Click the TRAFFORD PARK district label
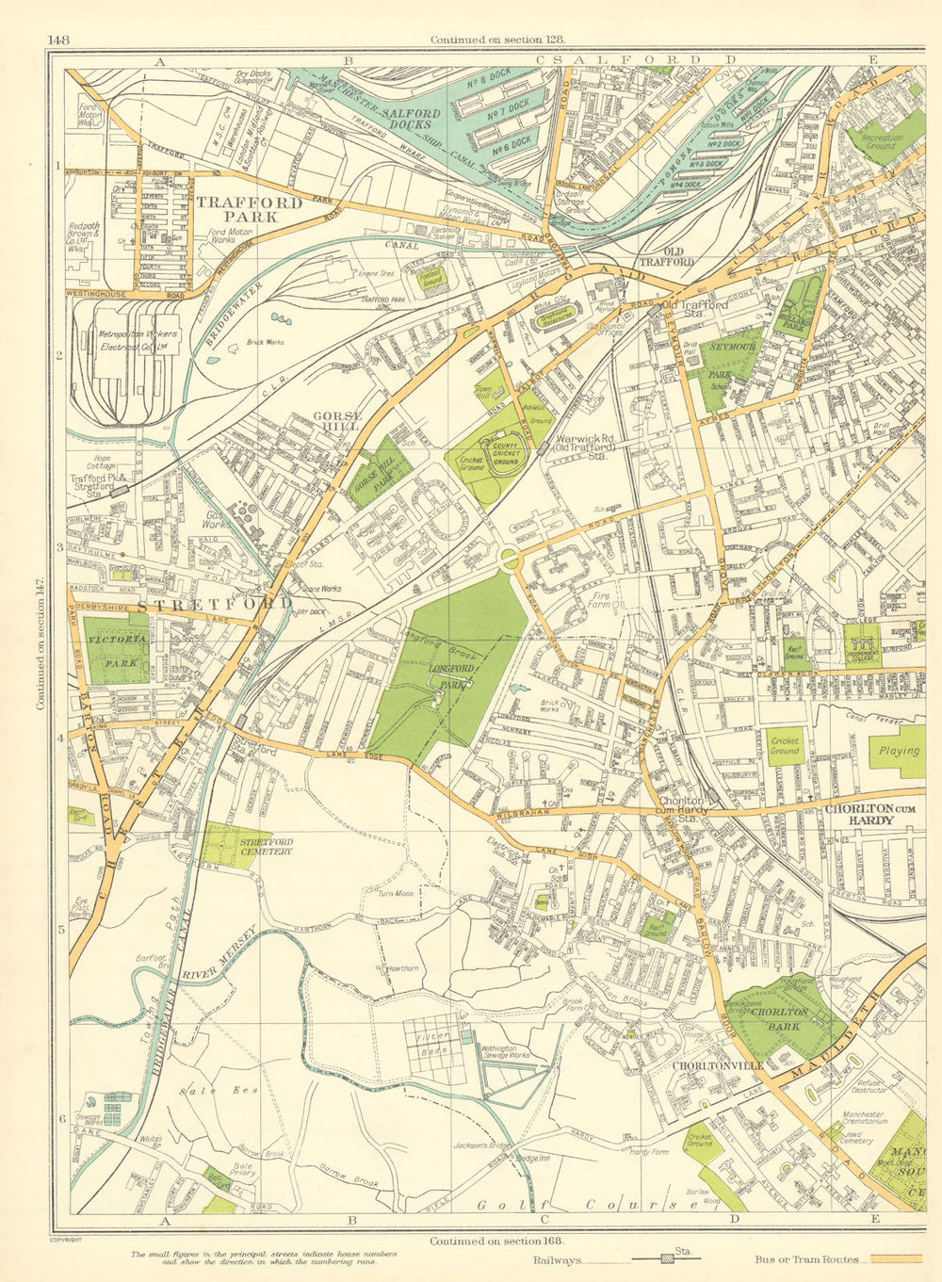(x=250, y=209)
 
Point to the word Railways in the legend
(x=558, y=1259)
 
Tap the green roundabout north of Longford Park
(x=511, y=560)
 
